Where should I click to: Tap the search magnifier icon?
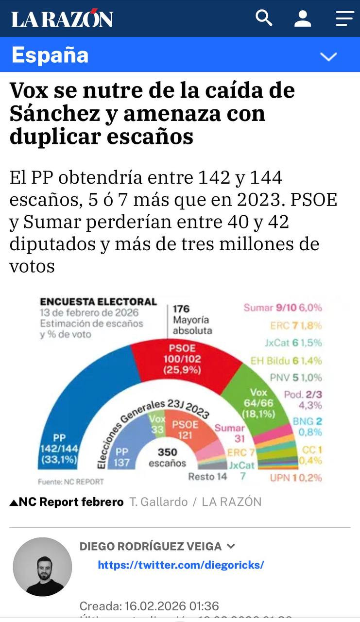264,18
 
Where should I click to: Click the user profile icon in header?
303,18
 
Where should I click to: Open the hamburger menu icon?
344,18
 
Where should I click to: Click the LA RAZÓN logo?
62,19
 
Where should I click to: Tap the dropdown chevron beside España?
328,56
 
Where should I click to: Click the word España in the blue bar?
50,55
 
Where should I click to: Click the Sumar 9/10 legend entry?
282,308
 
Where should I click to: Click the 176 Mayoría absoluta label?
191,319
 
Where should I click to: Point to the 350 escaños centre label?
167,457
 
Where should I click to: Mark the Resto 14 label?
207,476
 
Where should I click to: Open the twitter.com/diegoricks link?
181,565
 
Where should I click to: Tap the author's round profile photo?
42,567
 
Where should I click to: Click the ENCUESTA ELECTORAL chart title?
98,302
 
